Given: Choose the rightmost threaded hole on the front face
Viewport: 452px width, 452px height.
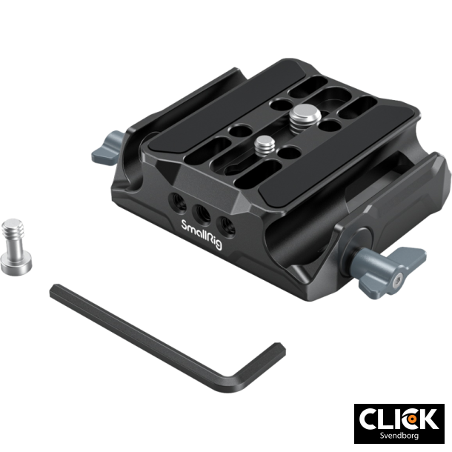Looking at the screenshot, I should pos(222,220).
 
